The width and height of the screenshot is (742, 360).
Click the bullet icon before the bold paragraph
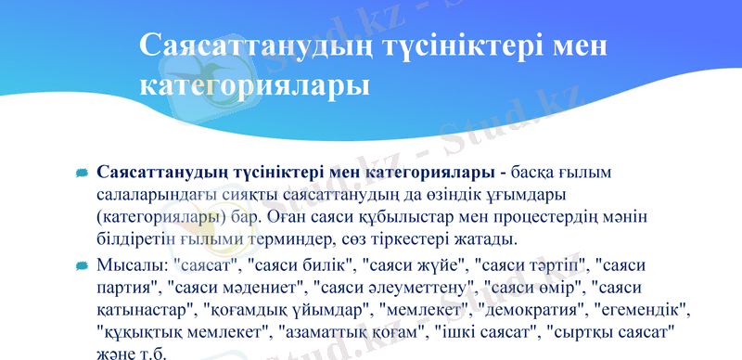pos(83,174)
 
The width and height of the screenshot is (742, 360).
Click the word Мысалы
pos(131,265)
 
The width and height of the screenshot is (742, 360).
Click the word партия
pos(126,286)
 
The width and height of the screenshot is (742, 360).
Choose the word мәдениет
pos(262,286)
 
